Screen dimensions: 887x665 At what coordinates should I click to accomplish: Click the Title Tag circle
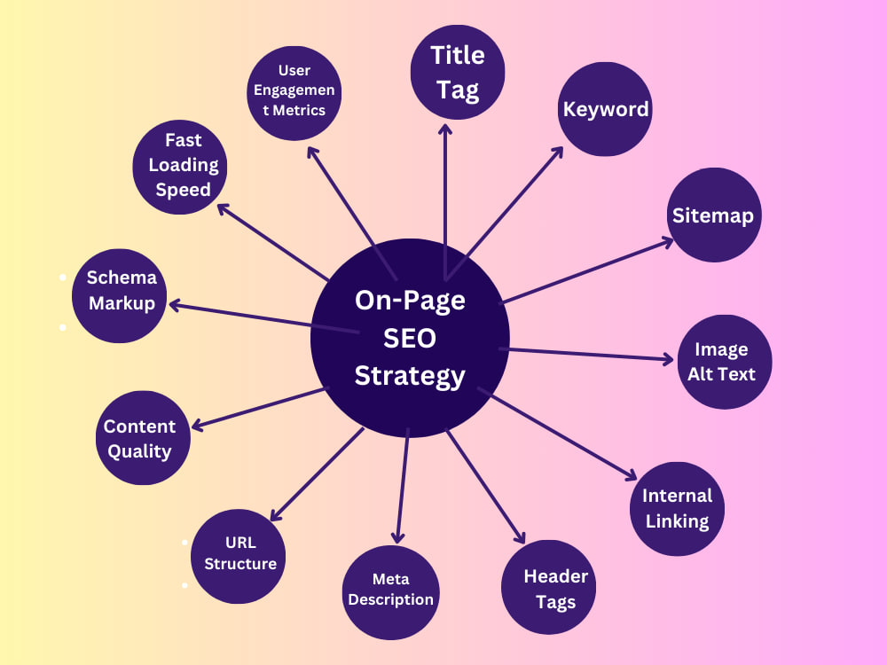[x=458, y=73]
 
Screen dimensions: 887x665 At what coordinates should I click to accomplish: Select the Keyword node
[x=605, y=109]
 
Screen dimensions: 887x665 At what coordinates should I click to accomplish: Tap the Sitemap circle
[x=714, y=215]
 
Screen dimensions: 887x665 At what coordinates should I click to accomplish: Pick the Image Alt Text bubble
[x=724, y=362]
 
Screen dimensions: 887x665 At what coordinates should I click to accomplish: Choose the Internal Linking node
[x=677, y=509]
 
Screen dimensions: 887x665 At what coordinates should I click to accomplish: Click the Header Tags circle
[x=548, y=587]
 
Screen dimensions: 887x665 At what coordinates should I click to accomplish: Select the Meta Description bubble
[x=391, y=592]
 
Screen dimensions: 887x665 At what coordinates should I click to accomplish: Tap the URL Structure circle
[x=238, y=557]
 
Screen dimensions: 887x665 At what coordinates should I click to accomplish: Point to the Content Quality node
[x=143, y=438]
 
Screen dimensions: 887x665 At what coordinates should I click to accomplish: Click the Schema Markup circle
[x=120, y=296]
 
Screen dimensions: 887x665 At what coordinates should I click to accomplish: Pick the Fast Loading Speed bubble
[x=180, y=167]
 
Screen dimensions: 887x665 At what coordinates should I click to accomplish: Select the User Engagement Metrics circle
[x=294, y=93]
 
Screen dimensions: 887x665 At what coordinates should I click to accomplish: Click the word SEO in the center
[x=410, y=338]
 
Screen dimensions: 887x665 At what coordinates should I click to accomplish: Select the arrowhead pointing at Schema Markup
[x=176, y=305]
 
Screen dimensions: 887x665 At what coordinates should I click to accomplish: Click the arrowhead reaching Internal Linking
[x=631, y=475]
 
